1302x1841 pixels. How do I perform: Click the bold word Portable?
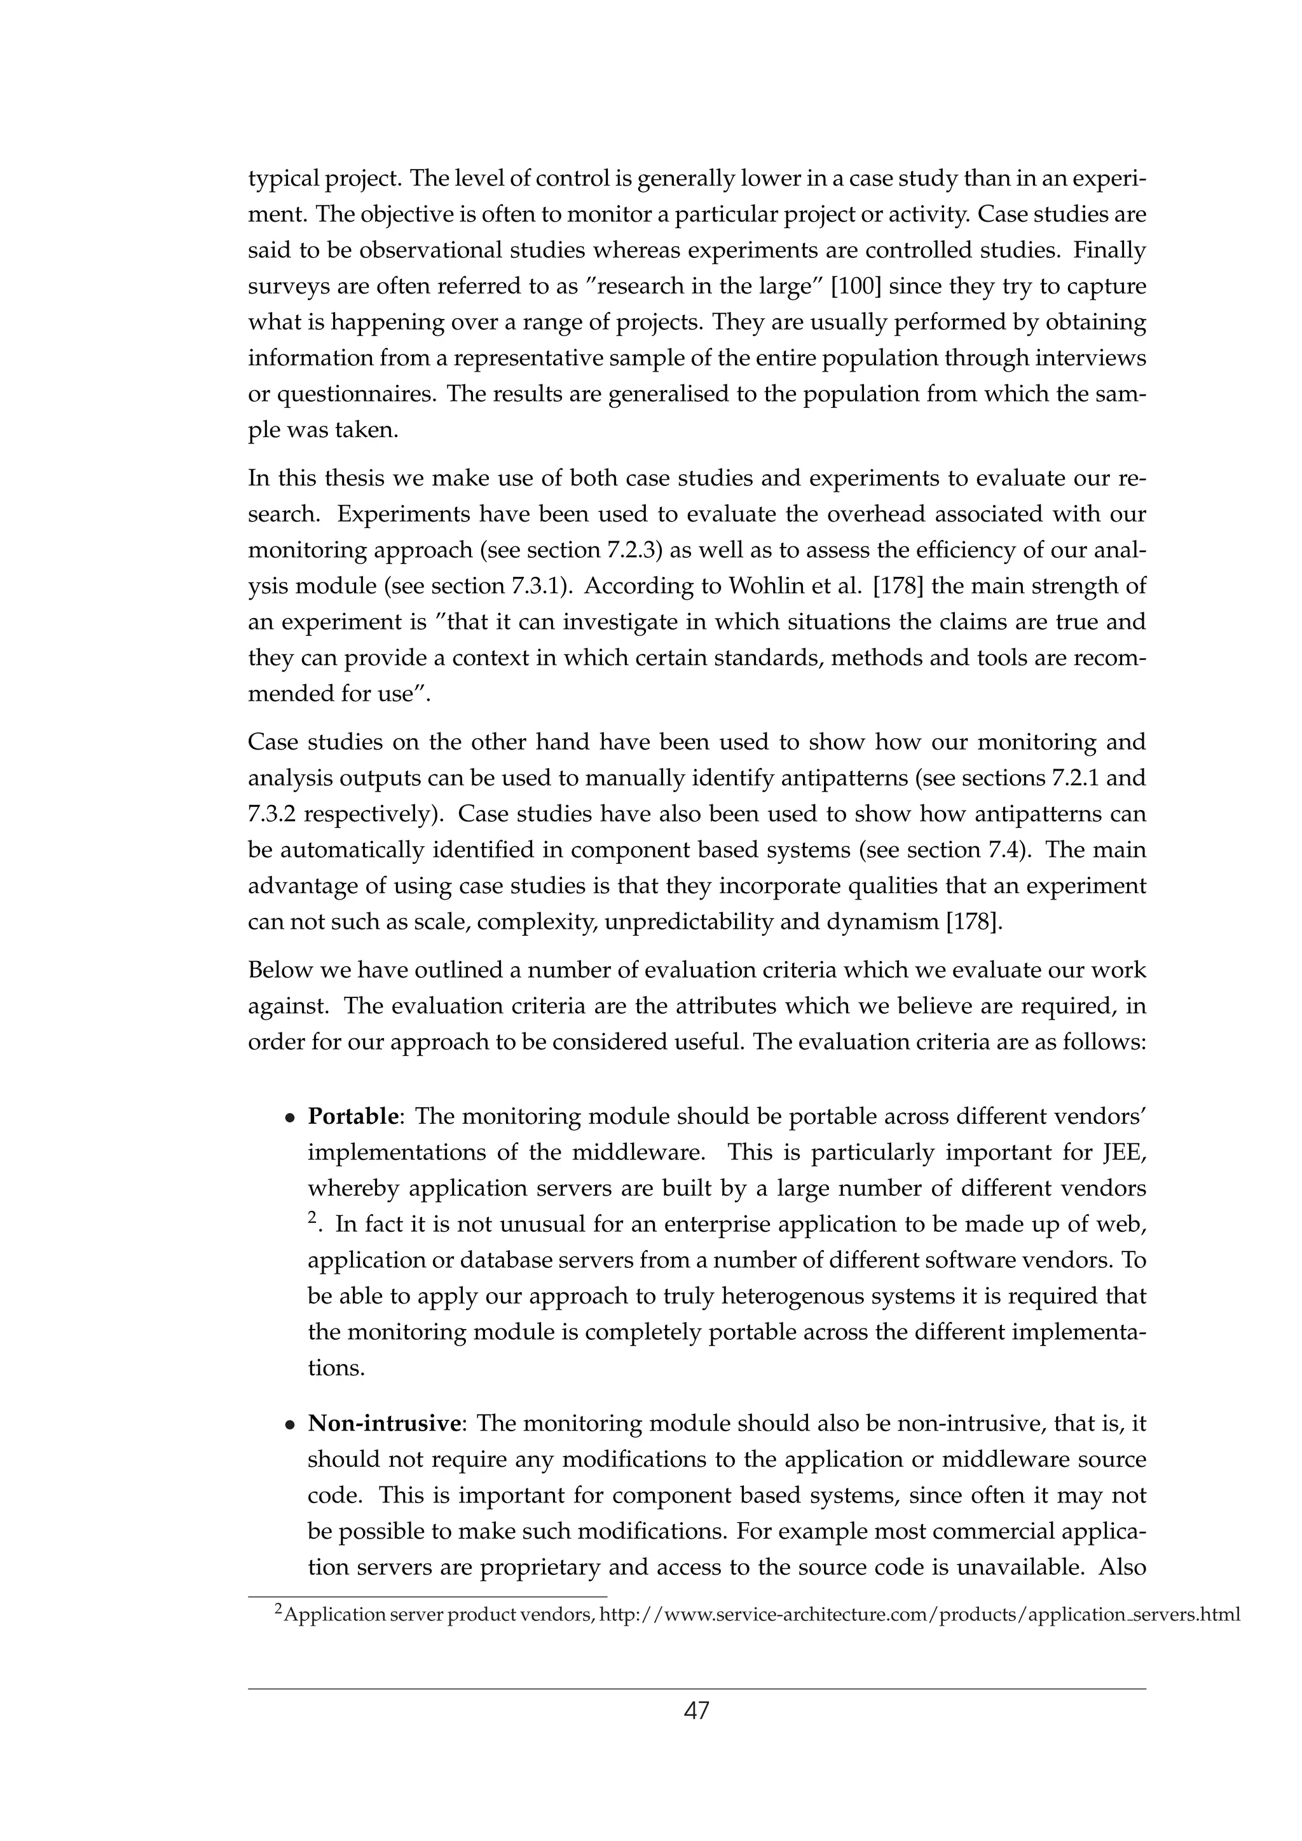click(353, 1117)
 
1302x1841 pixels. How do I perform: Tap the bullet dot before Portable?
click(291, 1119)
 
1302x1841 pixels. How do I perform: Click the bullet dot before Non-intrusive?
click(291, 1426)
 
